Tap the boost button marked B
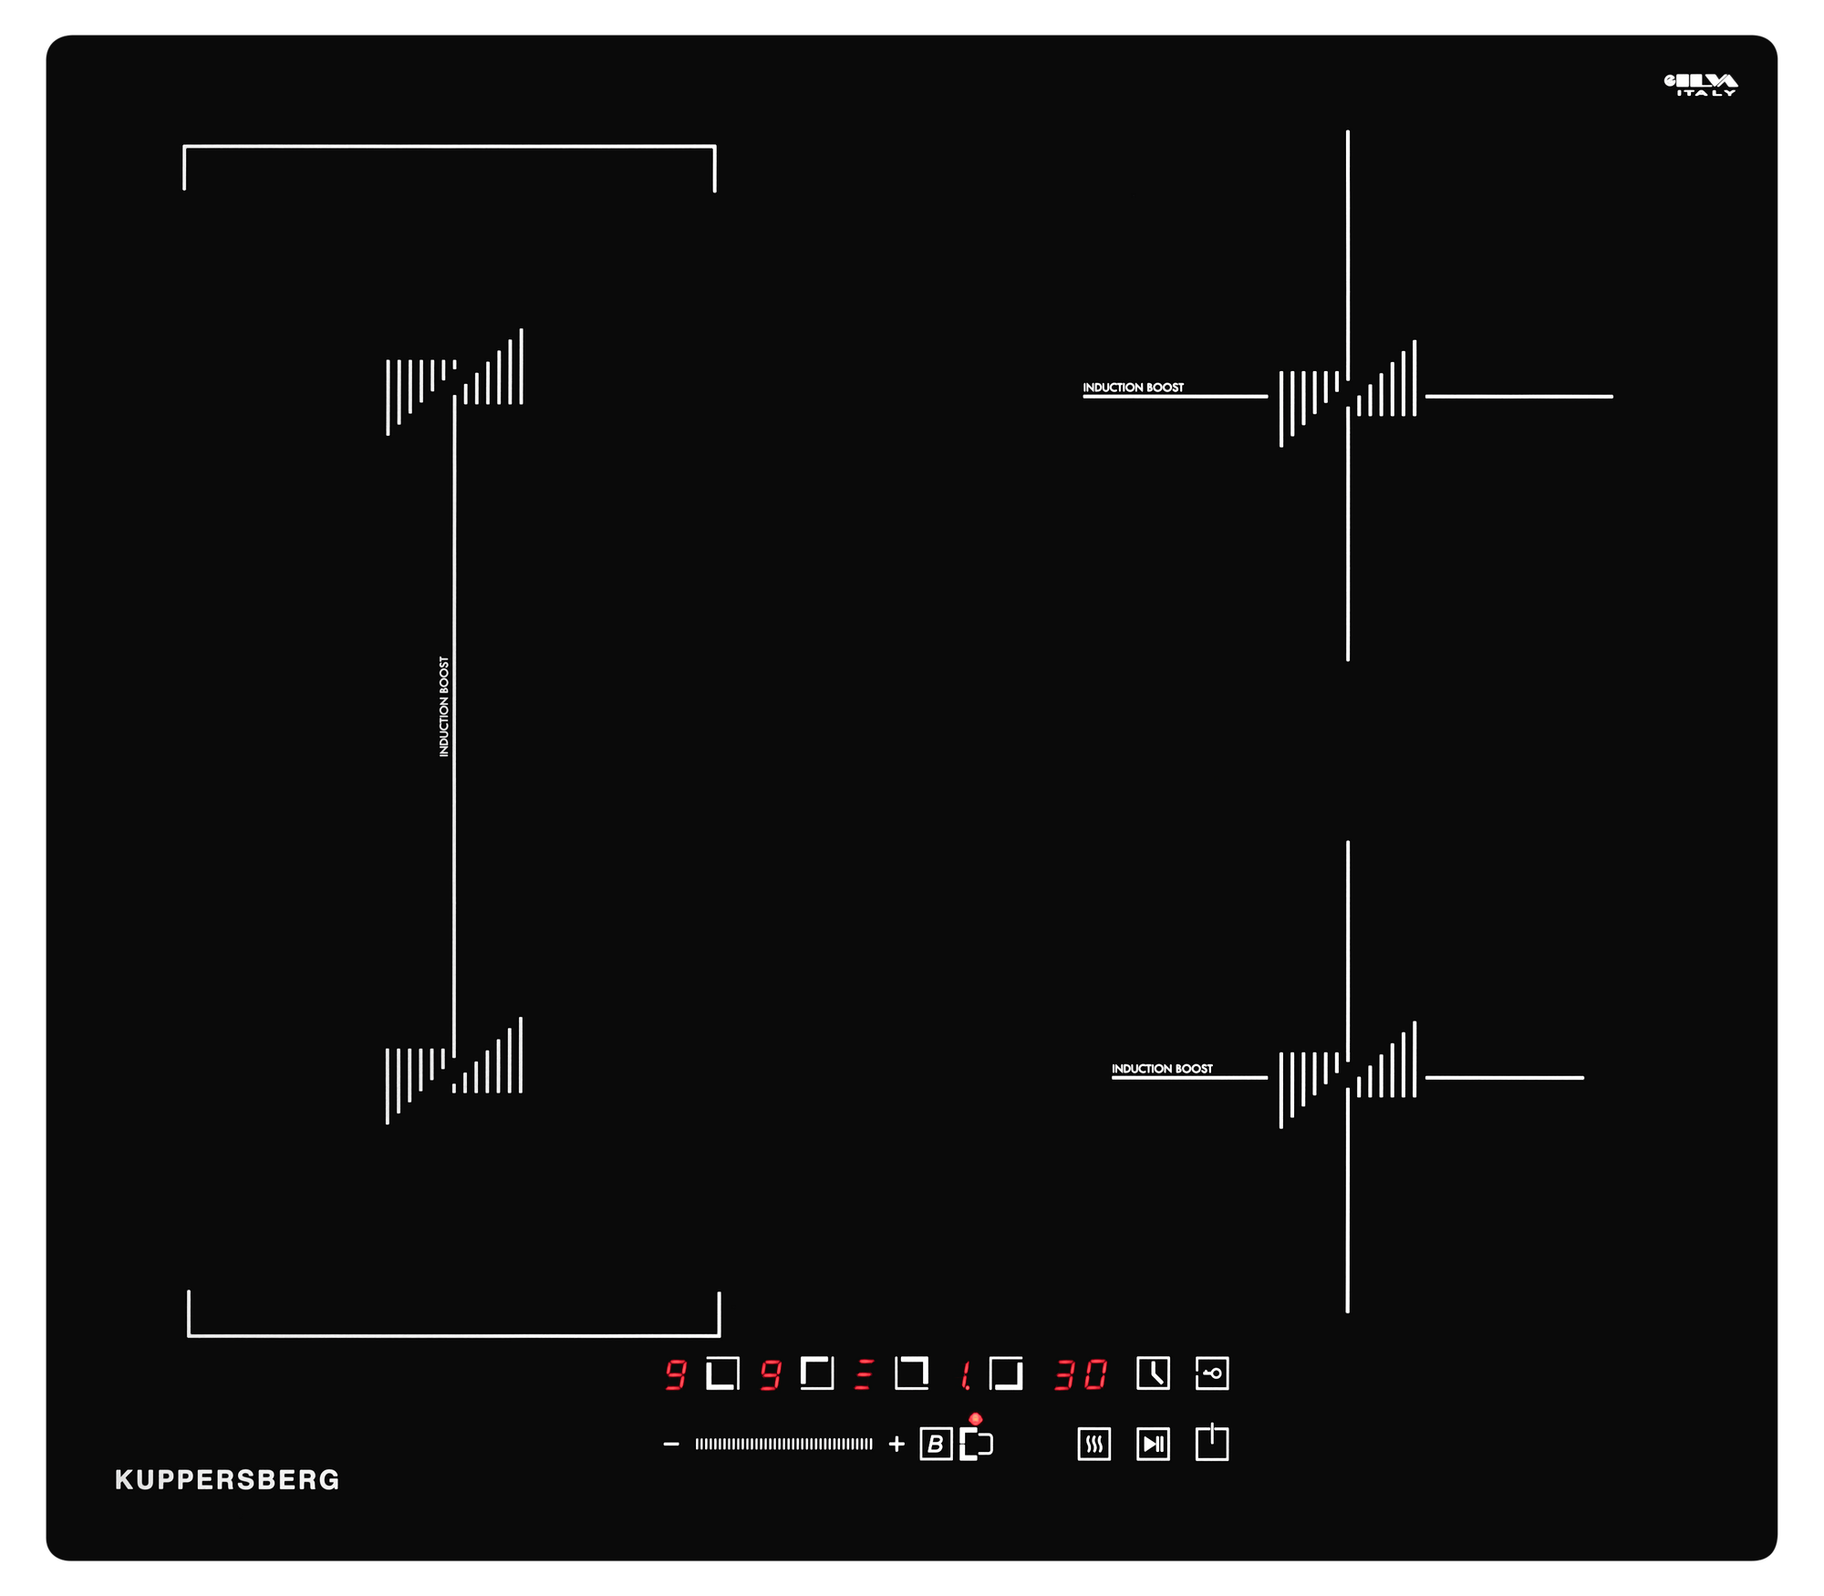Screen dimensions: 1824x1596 (936, 1444)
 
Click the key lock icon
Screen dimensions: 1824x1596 (1212, 1373)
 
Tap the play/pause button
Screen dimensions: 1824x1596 (1153, 1444)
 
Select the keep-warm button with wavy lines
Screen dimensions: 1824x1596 (1093, 1444)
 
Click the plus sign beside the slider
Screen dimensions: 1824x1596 (896, 1444)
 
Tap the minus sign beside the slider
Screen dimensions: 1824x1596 (671, 1444)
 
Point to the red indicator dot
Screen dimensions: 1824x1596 (976, 1419)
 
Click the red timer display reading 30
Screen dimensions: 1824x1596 (1081, 1374)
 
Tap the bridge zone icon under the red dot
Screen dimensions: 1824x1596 (976, 1445)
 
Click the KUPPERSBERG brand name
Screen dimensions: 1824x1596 (227, 1479)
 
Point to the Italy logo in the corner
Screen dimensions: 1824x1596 (1701, 85)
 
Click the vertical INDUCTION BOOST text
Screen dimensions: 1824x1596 (444, 707)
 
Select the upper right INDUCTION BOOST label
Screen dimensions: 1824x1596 (1133, 388)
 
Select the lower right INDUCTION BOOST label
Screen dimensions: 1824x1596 (1162, 1069)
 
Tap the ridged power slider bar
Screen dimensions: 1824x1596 (783, 1444)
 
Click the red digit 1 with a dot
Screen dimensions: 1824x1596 (965, 1374)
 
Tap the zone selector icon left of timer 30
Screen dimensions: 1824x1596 (1006, 1373)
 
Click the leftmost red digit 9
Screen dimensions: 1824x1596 (675, 1374)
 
